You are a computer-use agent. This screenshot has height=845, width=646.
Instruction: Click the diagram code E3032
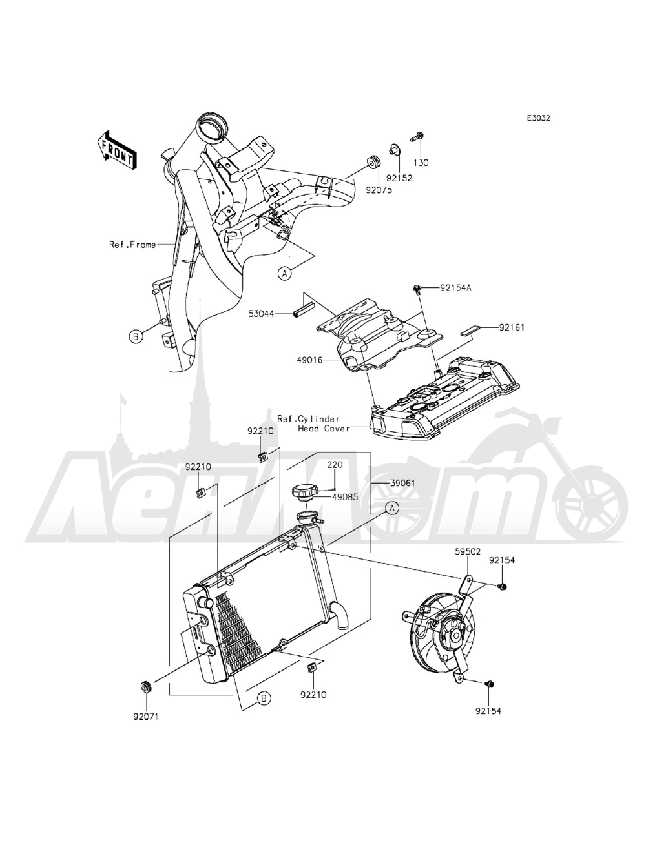click(538, 119)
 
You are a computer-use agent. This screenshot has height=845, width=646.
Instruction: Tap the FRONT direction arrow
click(116, 150)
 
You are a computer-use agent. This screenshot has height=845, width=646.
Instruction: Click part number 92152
click(399, 177)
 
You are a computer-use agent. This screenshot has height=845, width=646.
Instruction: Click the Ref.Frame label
click(132, 245)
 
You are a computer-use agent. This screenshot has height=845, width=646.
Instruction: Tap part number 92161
click(511, 327)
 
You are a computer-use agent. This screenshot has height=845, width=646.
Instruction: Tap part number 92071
click(146, 716)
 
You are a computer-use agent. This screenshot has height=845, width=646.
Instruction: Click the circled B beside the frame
click(136, 336)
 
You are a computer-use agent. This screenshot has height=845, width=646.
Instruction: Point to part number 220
click(334, 464)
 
